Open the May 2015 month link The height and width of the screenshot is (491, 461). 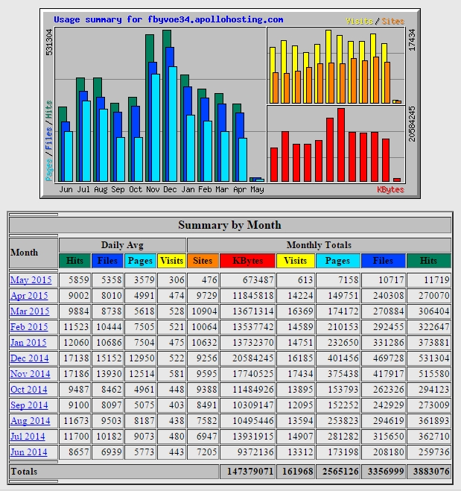pyautogui.click(x=31, y=280)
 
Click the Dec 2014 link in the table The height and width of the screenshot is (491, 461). pyautogui.click(x=30, y=358)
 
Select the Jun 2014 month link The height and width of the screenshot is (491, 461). pyautogui.click(x=29, y=452)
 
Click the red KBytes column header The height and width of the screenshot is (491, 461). pyautogui.click(x=247, y=261)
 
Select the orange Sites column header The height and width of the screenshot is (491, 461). pyautogui.click(x=203, y=261)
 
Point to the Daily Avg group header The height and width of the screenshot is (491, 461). pyautogui.click(x=122, y=245)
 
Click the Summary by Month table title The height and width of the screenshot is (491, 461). pyautogui.click(x=229, y=225)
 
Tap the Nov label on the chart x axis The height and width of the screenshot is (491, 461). pyautogui.click(x=153, y=189)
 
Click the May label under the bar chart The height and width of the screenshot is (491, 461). pyautogui.click(x=257, y=190)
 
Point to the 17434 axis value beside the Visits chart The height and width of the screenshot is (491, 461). pyautogui.click(x=412, y=40)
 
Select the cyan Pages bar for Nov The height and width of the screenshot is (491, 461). pyautogui.click(x=156, y=127)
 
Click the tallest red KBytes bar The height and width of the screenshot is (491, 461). pyautogui.click(x=341, y=145)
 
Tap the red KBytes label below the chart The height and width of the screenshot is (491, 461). pyautogui.click(x=390, y=190)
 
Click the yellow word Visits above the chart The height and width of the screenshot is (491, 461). pyautogui.click(x=359, y=22)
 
